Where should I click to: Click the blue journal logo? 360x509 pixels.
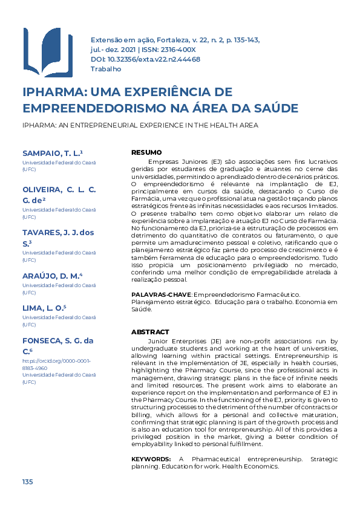click(47, 53)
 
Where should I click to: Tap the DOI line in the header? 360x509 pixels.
click(145, 59)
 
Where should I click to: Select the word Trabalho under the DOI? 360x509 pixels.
click(106, 69)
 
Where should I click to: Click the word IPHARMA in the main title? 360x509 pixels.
click(53, 92)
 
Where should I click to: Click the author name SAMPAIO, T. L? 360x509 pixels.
click(51, 154)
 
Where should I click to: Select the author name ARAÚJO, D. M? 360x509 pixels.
click(51, 276)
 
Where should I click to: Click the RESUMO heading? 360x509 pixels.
click(146, 152)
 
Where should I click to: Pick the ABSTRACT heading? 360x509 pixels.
click(150, 332)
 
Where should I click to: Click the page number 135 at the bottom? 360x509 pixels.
click(27, 481)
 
